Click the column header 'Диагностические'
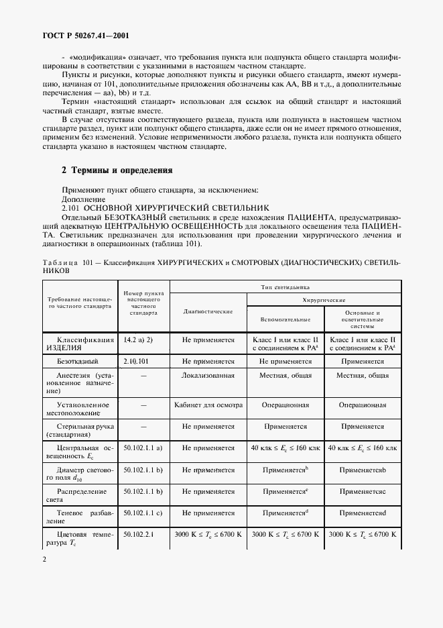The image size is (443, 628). coord(208,312)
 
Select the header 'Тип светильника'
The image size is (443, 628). coord(285,286)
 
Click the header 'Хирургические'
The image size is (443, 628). coord(324,300)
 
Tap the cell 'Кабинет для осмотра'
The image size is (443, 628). coord(208,405)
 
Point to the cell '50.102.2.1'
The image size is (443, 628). coord(139,534)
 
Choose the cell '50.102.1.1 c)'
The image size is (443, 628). coord(143,513)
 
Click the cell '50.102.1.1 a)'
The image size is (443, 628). coord(143,447)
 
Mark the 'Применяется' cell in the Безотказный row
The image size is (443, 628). coord(362,360)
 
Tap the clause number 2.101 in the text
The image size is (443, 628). coord(70,209)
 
